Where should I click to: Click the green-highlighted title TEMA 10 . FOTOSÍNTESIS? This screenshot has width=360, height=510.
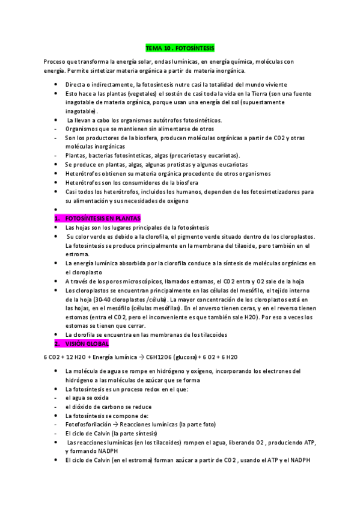pos(180,47)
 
